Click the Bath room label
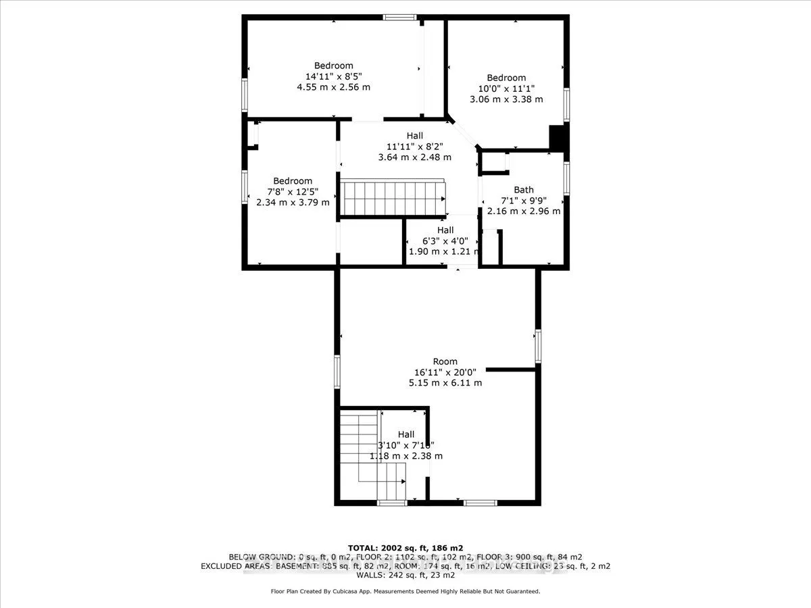523,190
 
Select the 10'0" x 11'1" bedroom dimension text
506,88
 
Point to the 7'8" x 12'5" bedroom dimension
293,191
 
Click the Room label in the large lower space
445,361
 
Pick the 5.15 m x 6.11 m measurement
445,382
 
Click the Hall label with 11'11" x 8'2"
414,136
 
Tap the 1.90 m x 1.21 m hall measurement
443,251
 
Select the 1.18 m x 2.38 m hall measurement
405,455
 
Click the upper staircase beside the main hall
392,197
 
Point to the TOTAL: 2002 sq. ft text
405,547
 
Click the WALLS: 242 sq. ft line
405,576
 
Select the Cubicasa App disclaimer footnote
405,591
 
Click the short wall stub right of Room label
511,370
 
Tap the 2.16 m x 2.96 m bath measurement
523,211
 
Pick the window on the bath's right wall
567,178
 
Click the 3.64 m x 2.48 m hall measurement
414,157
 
